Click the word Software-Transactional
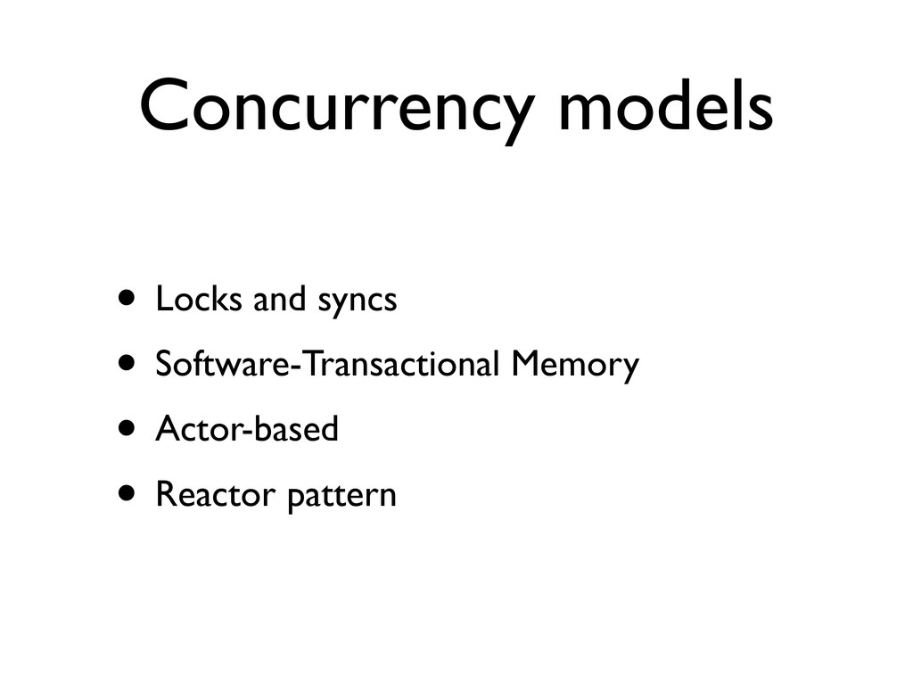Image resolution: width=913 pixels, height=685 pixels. (x=329, y=364)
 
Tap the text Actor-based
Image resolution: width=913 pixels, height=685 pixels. (x=247, y=429)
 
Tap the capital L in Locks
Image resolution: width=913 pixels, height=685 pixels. (x=161, y=300)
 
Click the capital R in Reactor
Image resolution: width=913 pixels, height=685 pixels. (x=163, y=494)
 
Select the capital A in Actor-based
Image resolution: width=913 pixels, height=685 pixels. (x=165, y=429)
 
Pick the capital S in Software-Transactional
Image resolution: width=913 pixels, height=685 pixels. (x=163, y=364)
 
